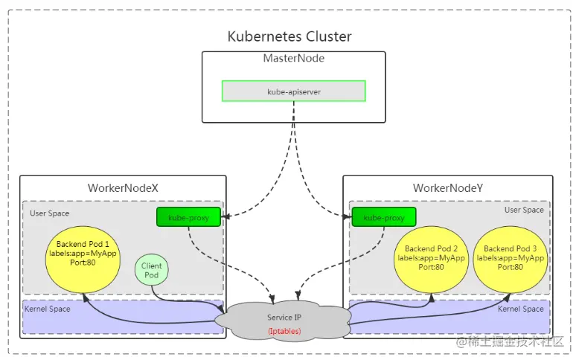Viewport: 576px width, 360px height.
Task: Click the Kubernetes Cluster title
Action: point(289,36)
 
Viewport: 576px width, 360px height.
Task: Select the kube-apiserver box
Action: point(293,91)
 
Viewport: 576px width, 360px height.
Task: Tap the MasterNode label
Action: point(293,58)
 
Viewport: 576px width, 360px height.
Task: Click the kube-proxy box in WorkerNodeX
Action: point(189,218)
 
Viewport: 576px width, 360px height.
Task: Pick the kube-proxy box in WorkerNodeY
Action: point(383,218)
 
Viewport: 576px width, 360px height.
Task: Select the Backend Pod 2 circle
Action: point(432,257)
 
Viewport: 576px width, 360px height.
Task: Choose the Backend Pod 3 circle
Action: point(511,257)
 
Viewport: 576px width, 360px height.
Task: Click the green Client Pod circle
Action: point(151,270)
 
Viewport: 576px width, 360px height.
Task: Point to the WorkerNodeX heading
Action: point(123,187)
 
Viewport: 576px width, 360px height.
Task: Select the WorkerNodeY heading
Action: point(447,187)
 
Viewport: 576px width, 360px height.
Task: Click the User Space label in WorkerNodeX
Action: point(50,213)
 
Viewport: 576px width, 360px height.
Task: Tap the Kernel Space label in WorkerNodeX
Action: point(48,309)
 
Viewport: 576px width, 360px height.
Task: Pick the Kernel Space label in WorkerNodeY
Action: point(521,309)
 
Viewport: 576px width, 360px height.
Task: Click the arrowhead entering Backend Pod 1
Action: point(85,295)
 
